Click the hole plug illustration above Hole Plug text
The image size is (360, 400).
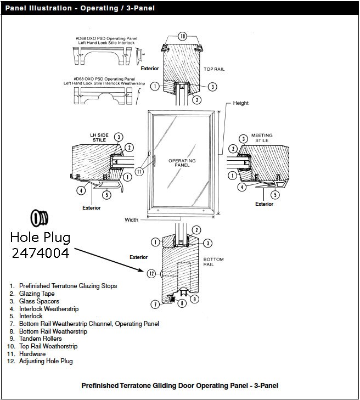(x=40, y=218)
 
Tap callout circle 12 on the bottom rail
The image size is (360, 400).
(x=152, y=273)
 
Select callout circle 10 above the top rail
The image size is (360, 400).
(x=183, y=36)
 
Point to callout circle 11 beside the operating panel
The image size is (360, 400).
(x=139, y=171)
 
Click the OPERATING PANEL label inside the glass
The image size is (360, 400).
(x=181, y=162)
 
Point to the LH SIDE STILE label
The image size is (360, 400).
(x=99, y=137)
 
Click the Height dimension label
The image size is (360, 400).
(x=240, y=103)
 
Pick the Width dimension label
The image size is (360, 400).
(x=131, y=220)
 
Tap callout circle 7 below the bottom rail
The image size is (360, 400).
(x=155, y=304)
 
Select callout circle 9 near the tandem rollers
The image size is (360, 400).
(x=194, y=299)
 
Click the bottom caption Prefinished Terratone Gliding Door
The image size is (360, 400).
(x=179, y=385)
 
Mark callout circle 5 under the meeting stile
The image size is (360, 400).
(x=275, y=194)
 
